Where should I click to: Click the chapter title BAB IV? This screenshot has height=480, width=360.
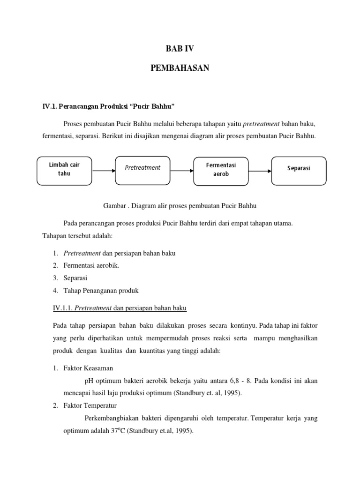[x=180, y=48]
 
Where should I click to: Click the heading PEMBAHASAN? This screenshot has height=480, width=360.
[x=180, y=68]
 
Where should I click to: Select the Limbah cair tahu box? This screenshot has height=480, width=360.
[x=65, y=170]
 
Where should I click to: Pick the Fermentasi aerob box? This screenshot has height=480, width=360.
[x=221, y=170]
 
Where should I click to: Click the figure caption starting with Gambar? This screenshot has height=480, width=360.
[x=180, y=205]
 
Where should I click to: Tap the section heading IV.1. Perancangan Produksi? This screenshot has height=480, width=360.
[x=108, y=106]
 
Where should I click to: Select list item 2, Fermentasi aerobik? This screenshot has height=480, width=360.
[x=91, y=266]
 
